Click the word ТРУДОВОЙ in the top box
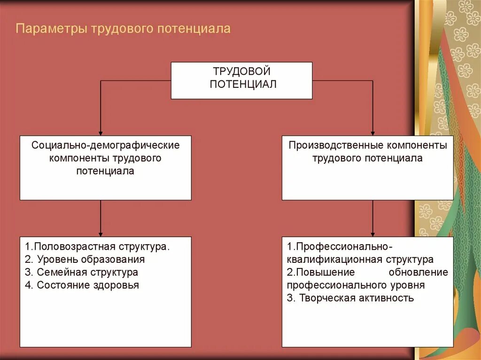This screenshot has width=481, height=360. click(241, 72)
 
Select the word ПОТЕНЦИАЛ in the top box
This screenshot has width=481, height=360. click(241, 84)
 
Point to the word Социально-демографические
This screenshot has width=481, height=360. click(106, 145)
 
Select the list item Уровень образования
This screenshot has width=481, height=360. click(85, 259)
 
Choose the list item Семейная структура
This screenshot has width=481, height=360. click(82, 272)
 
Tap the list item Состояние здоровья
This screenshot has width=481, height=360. click(82, 285)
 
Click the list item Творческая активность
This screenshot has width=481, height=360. click(350, 298)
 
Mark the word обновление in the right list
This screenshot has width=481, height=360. click(418, 272)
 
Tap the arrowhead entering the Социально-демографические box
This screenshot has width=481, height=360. click(101, 133)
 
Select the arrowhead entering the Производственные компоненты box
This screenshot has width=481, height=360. click(373, 133)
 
